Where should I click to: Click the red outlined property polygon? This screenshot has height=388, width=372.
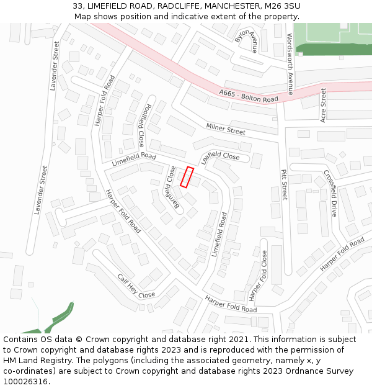(187, 177)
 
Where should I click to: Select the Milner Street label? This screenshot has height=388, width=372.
(226, 129)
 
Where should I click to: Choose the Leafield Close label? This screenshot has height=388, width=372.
(221, 156)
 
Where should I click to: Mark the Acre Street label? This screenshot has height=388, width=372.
(323, 105)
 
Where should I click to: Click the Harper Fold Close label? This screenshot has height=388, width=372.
(257, 272)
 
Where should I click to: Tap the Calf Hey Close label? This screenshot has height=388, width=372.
(136, 286)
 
